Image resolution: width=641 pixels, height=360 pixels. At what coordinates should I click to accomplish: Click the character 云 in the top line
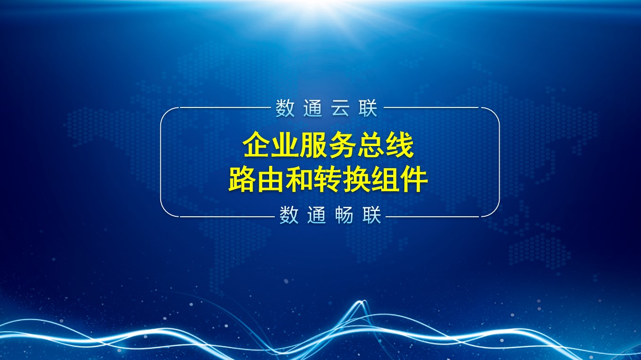click(x=340, y=108)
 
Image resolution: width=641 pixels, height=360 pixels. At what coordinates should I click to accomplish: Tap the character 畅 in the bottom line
click(x=344, y=215)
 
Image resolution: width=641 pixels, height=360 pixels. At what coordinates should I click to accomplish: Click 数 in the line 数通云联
click(x=285, y=108)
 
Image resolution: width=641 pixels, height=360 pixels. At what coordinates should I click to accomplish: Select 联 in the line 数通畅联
click(x=372, y=215)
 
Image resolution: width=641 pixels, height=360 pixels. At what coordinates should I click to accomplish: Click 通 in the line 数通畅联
click(x=317, y=215)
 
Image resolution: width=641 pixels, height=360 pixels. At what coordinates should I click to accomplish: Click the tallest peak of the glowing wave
click(x=361, y=301)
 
